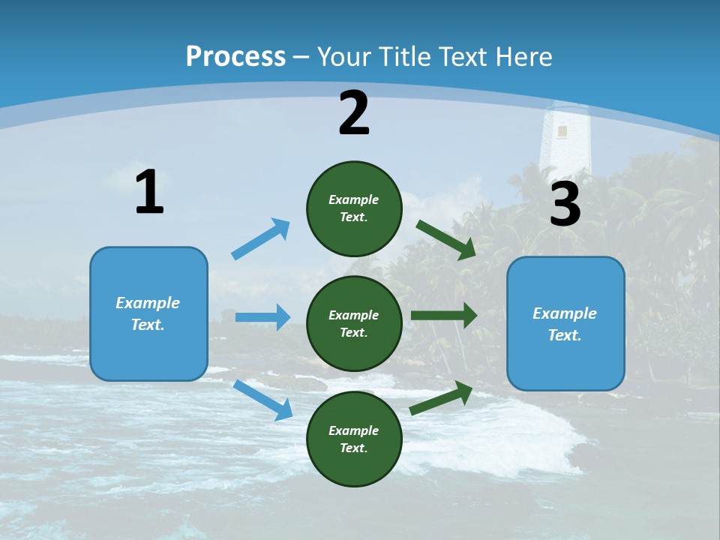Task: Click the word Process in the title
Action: point(235,56)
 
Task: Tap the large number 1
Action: point(149,193)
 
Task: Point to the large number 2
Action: point(354,113)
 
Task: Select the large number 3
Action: point(565,205)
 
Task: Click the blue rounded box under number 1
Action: point(148,313)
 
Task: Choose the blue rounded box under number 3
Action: point(565,323)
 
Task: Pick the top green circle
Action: point(354,208)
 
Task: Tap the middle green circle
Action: point(354,323)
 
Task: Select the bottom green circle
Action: point(354,439)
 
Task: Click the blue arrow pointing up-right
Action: point(261,238)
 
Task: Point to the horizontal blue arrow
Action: point(262,317)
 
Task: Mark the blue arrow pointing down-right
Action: point(263,400)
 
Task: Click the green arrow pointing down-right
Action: point(446,239)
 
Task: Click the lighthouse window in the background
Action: point(562,132)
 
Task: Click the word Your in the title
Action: point(343,56)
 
